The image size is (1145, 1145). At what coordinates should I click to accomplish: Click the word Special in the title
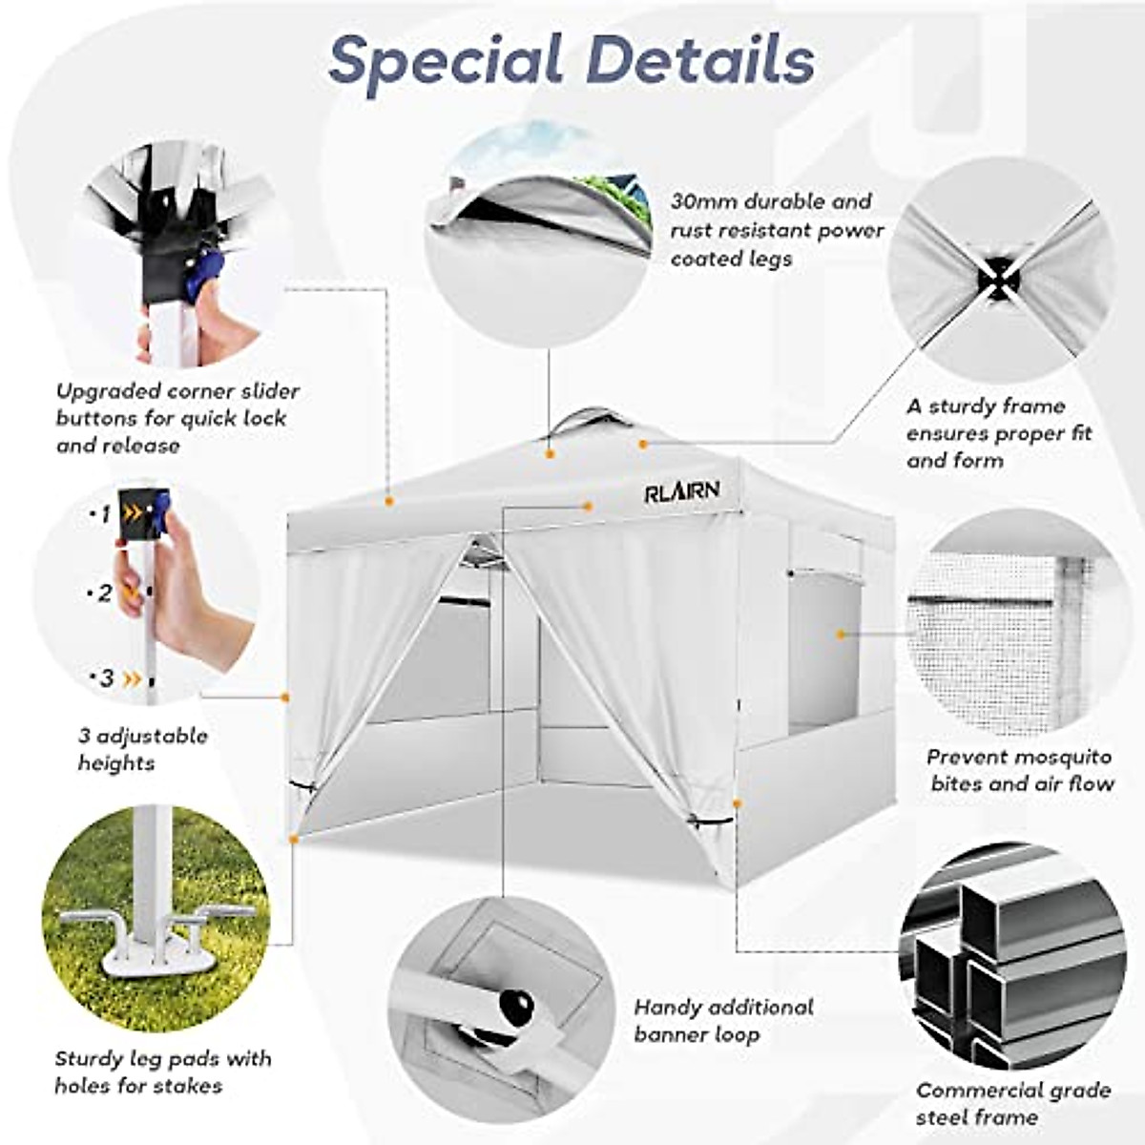click(446, 59)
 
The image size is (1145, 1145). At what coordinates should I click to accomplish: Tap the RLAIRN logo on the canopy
click(681, 492)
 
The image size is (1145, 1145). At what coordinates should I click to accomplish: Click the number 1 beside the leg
click(106, 514)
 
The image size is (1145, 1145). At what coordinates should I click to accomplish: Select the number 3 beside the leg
click(107, 678)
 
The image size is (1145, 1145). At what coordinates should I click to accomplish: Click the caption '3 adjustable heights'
click(142, 749)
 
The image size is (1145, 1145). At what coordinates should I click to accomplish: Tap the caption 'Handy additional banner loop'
click(722, 1021)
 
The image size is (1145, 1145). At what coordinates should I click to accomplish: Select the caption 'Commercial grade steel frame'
click(1012, 1103)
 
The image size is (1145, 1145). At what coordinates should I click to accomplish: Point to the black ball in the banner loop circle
click(516, 1004)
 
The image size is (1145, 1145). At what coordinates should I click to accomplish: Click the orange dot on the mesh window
click(841, 633)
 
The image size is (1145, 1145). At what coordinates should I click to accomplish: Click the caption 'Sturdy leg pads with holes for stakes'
click(162, 1072)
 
